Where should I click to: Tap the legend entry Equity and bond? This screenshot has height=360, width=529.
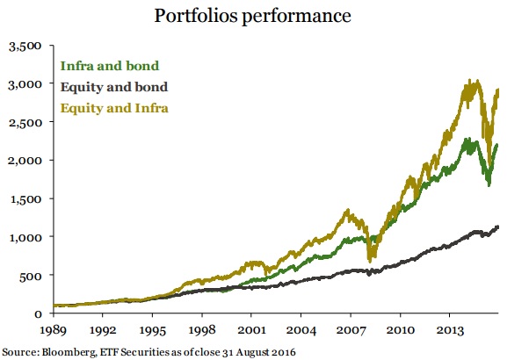coord(113,87)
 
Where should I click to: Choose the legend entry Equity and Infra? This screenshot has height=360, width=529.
coord(114,108)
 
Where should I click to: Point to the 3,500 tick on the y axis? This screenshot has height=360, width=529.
coord(25,46)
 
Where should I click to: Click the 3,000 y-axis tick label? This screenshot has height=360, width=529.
coord(25,84)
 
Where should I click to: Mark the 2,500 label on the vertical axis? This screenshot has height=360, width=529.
coord(25,122)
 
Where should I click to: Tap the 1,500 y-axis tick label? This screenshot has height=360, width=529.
coord(25,198)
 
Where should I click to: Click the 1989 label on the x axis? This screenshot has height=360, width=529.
coord(54,332)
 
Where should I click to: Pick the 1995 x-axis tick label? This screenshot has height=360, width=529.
coord(153,332)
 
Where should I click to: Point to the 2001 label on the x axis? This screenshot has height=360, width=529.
coord(252,332)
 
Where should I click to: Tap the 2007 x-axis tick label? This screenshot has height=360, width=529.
coord(351,332)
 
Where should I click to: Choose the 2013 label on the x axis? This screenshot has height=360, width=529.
coord(450,332)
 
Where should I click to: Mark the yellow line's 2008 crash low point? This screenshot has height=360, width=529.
coord(372,260)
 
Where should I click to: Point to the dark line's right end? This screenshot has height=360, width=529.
coord(498,227)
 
